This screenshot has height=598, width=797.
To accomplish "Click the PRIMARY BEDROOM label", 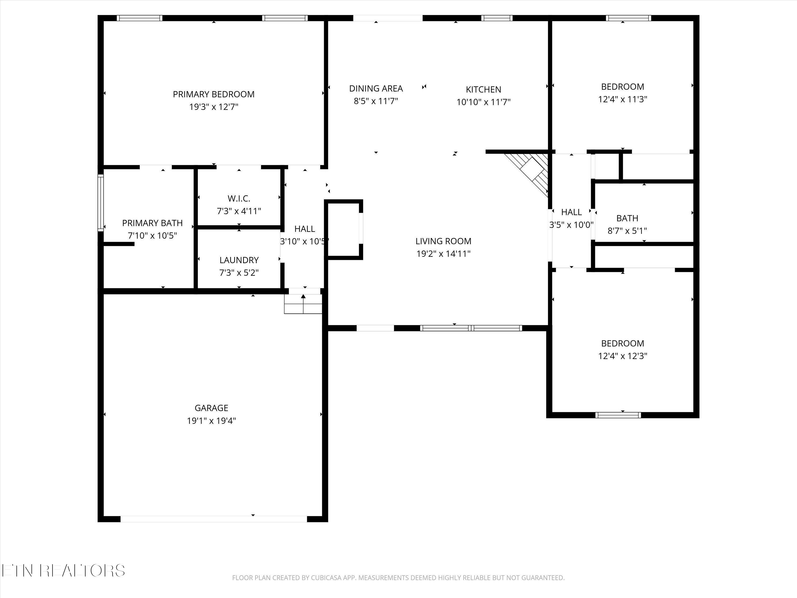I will tap(214, 94).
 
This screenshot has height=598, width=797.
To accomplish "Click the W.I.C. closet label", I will tap(239, 199).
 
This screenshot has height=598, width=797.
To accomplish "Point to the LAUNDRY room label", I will tap(239, 260).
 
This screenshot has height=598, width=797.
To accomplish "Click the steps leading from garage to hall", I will tap(303, 304).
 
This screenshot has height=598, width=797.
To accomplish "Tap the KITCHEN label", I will tap(483, 89).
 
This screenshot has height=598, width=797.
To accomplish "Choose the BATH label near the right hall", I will tap(627, 218).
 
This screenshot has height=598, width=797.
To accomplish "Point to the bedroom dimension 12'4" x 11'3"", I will tap(623, 99).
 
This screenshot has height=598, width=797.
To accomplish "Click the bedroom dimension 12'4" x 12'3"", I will tap(623, 356).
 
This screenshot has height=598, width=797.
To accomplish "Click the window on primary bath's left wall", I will tap(101, 203).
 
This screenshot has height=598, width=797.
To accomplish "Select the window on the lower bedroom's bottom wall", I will tap(618, 415).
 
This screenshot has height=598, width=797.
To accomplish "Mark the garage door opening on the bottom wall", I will tap(213, 519).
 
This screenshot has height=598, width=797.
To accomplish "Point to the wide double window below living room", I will tap(471, 328).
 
